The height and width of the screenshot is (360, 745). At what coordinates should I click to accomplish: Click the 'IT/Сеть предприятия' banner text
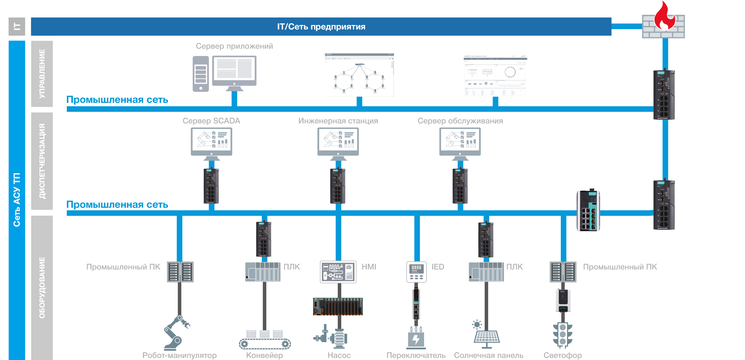pos(321,27)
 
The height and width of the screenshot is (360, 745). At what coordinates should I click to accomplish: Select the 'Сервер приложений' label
pos(235,46)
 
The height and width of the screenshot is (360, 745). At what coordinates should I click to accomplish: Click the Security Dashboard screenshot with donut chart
pos(495,75)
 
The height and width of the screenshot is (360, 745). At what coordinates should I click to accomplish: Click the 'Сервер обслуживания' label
pos(460,121)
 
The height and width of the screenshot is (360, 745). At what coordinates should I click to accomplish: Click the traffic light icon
pos(563,334)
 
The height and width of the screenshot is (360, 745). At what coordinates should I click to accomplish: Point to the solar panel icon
pos(486,333)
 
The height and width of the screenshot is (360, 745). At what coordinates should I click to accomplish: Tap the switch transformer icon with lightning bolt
pos(416,338)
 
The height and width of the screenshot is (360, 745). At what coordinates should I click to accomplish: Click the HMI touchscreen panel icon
pos(338,272)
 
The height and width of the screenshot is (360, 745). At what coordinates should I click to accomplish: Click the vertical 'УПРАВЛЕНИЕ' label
pos(42,73)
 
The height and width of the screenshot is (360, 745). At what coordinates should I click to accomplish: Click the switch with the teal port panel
pos(588,211)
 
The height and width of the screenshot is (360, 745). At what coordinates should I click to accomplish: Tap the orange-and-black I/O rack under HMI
pos(338,307)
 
